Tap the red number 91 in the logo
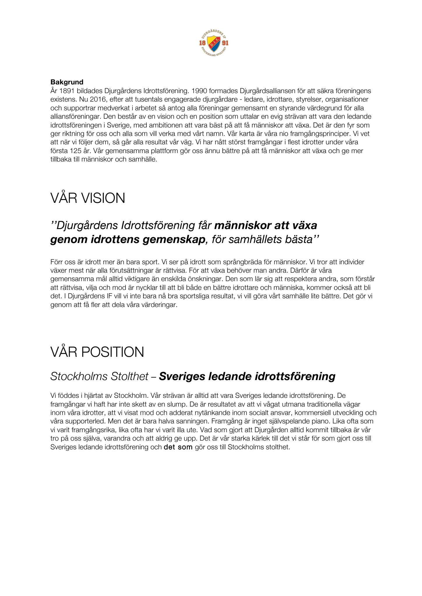pos(225,43)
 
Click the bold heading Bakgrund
pos(67,82)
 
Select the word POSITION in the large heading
pos(112,352)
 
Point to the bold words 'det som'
pos(178,447)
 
